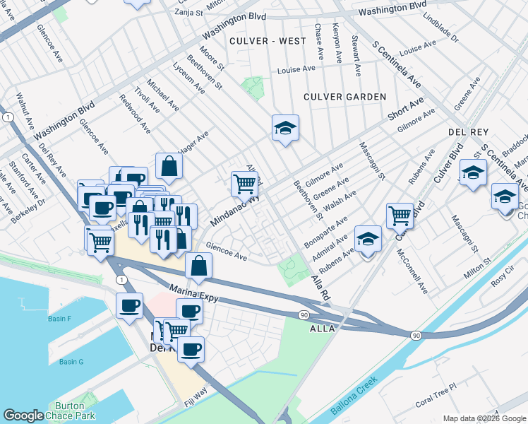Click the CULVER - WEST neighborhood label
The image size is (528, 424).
[x=268, y=41]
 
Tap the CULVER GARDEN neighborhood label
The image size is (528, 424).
[x=344, y=96]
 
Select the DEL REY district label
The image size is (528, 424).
[x=464, y=132]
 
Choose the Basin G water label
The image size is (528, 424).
[x=71, y=362]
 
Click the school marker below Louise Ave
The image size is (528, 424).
[x=285, y=128]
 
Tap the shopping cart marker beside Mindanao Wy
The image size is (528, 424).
[x=244, y=184]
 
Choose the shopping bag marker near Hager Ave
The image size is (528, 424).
[x=169, y=166]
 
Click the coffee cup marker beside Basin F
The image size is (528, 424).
[x=129, y=307]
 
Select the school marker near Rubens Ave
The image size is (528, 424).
[x=368, y=239]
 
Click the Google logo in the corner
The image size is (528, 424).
[x=24, y=416]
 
